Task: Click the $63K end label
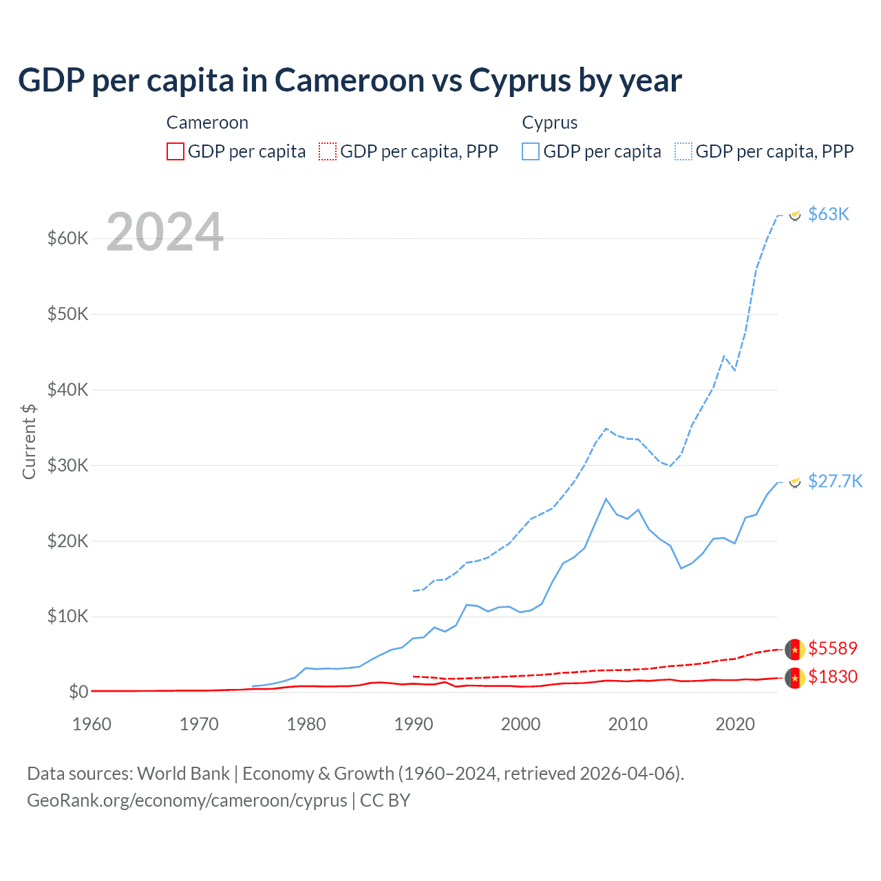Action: (829, 214)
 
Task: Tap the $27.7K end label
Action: (835, 481)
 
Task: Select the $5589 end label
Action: (833, 648)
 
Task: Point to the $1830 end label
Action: (833, 677)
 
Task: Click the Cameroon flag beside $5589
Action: (795, 649)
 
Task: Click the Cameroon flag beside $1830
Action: (795, 678)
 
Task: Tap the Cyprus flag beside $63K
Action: (795, 215)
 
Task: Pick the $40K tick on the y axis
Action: (68, 390)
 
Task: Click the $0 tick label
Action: (78, 691)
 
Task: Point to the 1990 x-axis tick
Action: (414, 724)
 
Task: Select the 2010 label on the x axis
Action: (628, 724)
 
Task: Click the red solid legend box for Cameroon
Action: (176, 151)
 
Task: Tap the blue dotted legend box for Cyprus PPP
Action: (683, 151)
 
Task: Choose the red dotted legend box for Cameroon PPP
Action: (328, 151)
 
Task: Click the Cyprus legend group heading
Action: (549, 123)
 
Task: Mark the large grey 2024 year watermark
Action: (165, 232)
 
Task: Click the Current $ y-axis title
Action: (29, 441)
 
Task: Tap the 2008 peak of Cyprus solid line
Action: (606, 499)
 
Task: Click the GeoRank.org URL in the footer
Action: (187, 800)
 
